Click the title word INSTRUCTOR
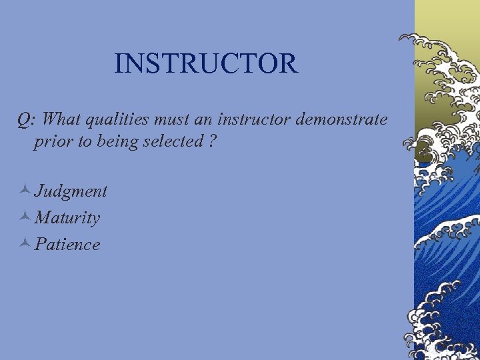pyautogui.click(x=205, y=63)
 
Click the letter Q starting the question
pyautogui.click(x=24, y=120)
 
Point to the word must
pyautogui.click(x=170, y=120)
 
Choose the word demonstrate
pyautogui.click(x=341, y=119)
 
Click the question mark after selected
pyautogui.click(x=211, y=141)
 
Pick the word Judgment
pyautogui.click(x=71, y=191)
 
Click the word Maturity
pyautogui.click(x=67, y=217)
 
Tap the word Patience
pyautogui.click(x=67, y=244)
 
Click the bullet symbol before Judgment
pyautogui.click(x=24, y=191)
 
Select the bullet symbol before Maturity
pyautogui.click(x=24, y=217)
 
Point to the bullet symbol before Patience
pyautogui.click(x=24, y=244)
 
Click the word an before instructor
pyautogui.click(x=201, y=120)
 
